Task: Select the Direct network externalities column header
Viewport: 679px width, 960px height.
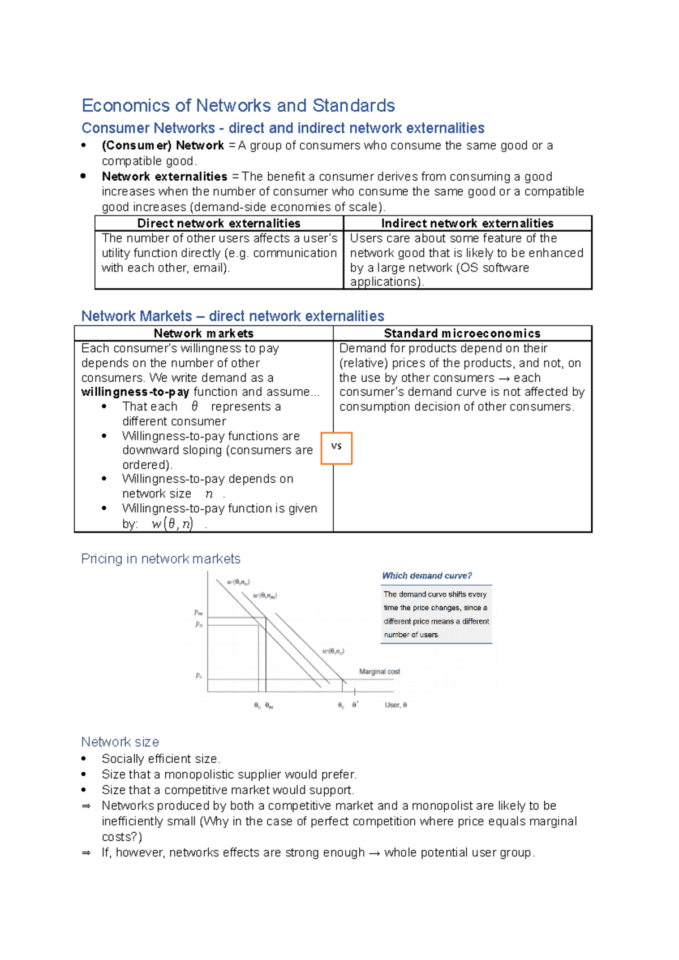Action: (218, 223)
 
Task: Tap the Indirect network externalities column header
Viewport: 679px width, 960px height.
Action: (467, 223)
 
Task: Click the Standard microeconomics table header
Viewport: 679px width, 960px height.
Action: (462, 334)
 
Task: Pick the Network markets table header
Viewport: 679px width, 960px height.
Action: (203, 334)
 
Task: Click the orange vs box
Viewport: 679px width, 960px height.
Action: (337, 448)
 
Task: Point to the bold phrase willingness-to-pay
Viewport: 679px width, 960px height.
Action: (135, 392)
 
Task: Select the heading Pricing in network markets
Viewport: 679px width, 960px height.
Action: (161, 559)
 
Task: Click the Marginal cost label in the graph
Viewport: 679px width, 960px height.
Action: (379, 672)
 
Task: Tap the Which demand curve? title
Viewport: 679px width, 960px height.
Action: (427, 576)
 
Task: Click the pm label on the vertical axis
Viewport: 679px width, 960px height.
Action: (198, 612)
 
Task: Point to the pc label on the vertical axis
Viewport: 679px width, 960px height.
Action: (199, 676)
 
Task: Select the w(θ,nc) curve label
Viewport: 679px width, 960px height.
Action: (333, 651)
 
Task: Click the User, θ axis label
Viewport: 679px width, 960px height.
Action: (396, 705)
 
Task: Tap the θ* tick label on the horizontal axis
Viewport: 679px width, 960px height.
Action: (355, 705)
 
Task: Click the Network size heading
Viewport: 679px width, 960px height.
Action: (120, 742)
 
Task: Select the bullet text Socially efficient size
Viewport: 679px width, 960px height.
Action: (161, 759)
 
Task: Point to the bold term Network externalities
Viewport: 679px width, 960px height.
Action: (164, 176)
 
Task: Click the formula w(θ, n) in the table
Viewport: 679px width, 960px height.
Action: (173, 524)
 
